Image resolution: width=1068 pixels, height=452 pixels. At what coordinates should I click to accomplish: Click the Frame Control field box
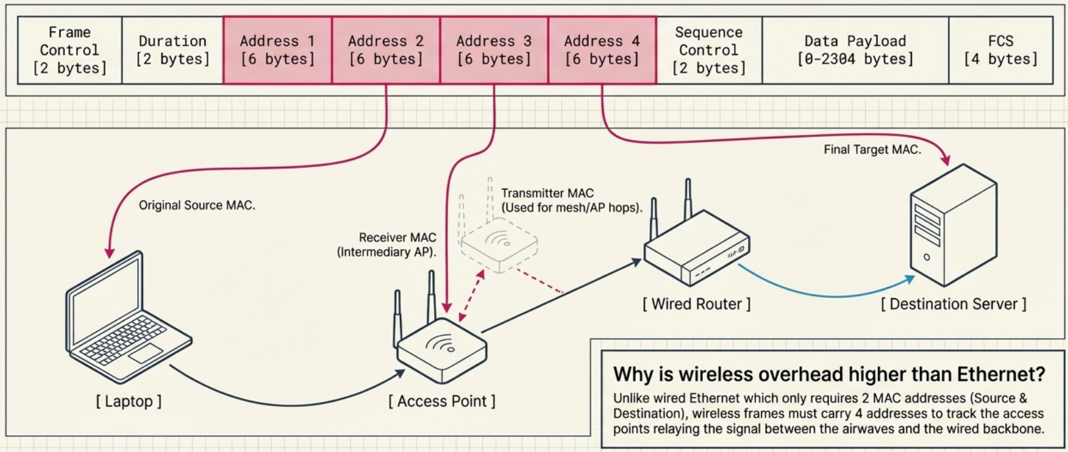point(69,50)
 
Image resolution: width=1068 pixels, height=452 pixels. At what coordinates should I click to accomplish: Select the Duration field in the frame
point(172,50)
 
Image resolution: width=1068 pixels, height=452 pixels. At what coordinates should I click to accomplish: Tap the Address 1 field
point(277,50)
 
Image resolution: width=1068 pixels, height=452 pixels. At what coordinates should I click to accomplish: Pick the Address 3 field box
point(494,50)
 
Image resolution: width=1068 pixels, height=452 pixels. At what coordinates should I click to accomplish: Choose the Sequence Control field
point(709,50)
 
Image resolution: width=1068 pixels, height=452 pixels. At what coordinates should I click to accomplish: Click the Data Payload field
point(855,50)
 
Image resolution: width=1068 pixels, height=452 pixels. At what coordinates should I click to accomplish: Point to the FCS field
point(1000,50)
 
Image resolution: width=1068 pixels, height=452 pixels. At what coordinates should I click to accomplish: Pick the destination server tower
point(953,226)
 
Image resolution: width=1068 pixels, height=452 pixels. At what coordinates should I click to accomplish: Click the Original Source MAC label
point(197,206)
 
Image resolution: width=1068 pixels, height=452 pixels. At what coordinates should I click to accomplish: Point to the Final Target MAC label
point(872,150)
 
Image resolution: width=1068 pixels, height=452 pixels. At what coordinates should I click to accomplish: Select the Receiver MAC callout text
point(387,245)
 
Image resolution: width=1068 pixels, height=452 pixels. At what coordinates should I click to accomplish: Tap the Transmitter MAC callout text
point(571,200)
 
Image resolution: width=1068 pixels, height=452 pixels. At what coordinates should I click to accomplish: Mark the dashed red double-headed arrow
point(471,295)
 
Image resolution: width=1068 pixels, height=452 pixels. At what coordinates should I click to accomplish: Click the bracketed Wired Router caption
point(696,304)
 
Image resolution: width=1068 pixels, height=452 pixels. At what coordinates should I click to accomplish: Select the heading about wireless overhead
point(829,375)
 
